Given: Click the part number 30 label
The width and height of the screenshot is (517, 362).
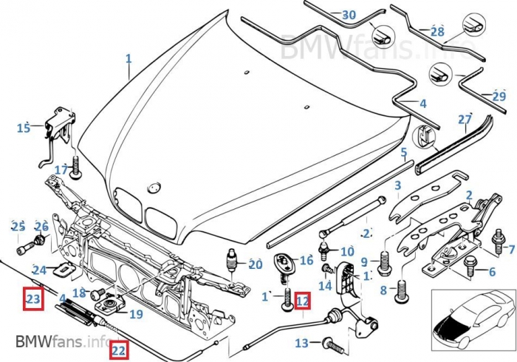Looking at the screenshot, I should click(x=349, y=15).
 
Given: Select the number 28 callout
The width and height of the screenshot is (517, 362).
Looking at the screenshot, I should click(x=437, y=32).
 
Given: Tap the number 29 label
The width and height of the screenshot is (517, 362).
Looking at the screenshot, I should click(x=499, y=96).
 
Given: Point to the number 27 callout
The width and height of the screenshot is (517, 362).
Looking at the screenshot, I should click(x=464, y=119).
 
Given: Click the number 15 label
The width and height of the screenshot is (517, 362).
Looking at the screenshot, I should click(x=24, y=129).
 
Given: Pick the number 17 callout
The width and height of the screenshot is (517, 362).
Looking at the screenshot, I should click(x=61, y=170).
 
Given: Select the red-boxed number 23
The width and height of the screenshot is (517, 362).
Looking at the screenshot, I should click(x=33, y=299).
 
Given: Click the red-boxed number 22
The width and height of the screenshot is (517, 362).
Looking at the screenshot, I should click(x=119, y=350).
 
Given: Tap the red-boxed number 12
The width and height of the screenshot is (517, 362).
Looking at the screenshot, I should click(x=303, y=301).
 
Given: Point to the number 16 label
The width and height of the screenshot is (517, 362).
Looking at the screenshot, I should click(x=307, y=260).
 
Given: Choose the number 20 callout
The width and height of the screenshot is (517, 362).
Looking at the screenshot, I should click(x=255, y=264).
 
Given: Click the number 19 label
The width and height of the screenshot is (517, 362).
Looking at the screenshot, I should click(x=135, y=314).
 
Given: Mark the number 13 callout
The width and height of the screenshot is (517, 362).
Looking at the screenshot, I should click(x=301, y=343).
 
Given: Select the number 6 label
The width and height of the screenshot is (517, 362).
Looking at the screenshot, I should click(x=491, y=272).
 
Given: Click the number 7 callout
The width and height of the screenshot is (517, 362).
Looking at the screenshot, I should click(x=511, y=250).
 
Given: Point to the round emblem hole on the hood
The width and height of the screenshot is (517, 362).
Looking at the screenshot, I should click(x=154, y=184).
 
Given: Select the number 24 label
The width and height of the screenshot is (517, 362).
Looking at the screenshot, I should click(x=38, y=270).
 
